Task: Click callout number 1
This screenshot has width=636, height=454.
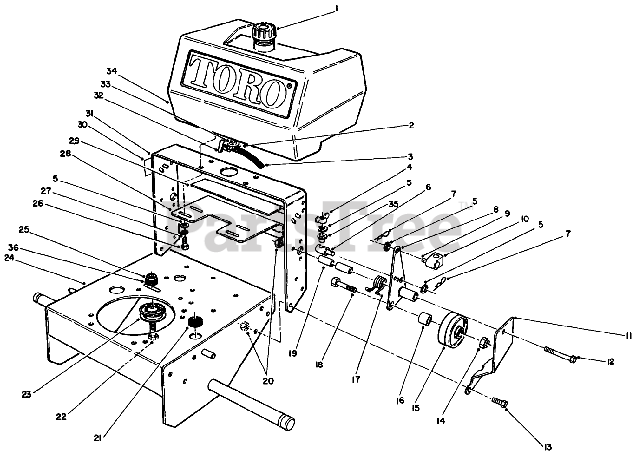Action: (x=336, y=8)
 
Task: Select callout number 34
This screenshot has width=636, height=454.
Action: (x=111, y=71)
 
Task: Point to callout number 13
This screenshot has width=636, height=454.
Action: (x=548, y=447)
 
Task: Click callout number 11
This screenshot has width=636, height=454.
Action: (x=628, y=336)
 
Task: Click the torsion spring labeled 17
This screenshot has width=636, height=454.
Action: (x=379, y=285)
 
